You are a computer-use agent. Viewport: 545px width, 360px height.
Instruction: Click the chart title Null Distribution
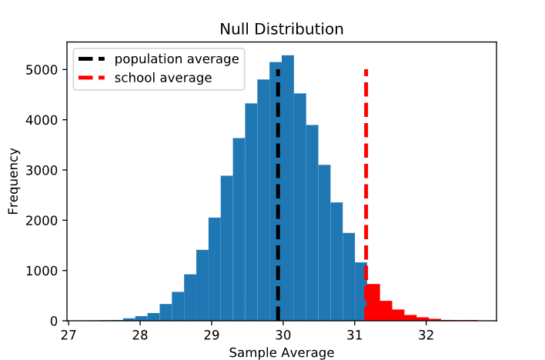point(282,29)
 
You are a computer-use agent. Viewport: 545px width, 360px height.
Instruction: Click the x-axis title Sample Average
point(282,352)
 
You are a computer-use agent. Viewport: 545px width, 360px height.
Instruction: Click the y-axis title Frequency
point(14,180)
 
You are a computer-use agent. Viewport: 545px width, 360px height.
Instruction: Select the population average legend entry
point(176,58)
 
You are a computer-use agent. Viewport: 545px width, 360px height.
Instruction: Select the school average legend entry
point(162,78)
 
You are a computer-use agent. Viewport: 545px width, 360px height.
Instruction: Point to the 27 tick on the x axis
point(69,335)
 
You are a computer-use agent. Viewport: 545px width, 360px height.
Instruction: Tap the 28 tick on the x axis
point(140,335)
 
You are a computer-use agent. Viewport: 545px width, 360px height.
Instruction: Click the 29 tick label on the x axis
point(212,335)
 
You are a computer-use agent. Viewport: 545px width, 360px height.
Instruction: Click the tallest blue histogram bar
point(288,192)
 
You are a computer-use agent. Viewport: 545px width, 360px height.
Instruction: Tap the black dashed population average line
point(278,192)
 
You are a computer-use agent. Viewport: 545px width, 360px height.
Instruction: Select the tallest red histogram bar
point(373,304)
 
